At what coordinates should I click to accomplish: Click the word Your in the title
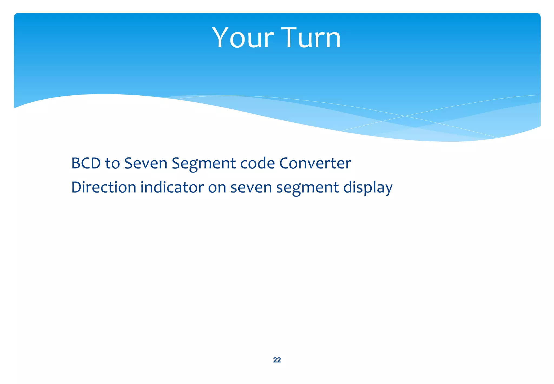coord(243,38)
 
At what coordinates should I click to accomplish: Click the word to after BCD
coord(112,163)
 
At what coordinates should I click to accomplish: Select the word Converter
coord(315,163)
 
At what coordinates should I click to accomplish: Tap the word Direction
coord(104,187)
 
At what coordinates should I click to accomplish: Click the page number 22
coord(277,360)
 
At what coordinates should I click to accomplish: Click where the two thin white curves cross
coord(405,116)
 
